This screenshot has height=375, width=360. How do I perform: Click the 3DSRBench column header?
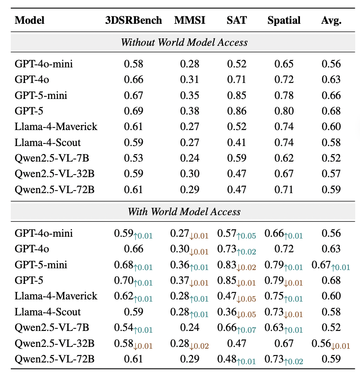point(133,20)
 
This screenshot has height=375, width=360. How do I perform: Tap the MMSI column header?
point(189,20)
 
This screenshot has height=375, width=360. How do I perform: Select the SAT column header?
point(237,20)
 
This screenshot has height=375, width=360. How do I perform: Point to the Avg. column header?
point(331,21)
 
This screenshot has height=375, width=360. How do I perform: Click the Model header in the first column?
point(29,20)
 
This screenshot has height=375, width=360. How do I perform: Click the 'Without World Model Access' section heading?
point(184,42)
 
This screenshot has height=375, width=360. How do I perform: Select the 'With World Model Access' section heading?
point(184,212)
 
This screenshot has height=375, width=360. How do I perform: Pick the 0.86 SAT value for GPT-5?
point(237,111)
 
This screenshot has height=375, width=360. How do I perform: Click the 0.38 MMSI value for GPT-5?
point(189,111)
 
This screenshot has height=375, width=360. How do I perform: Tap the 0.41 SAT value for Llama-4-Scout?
point(237,143)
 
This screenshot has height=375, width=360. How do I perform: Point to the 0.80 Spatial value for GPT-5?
point(284,111)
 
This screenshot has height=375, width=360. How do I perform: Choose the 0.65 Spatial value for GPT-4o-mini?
point(284,64)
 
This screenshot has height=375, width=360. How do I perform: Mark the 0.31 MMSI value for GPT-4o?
point(189,79)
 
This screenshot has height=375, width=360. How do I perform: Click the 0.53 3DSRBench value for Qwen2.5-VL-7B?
point(133,158)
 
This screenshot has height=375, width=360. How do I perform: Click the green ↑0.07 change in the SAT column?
point(246,330)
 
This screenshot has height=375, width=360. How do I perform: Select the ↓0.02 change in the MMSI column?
point(199,346)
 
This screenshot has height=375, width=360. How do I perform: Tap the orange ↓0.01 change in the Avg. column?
point(341,346)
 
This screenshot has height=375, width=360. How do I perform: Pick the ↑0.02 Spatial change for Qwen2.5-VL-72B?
point(294,362)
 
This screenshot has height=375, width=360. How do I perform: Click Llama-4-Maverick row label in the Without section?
point(56,127)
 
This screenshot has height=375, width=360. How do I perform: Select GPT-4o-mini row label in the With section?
point(44,233)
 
